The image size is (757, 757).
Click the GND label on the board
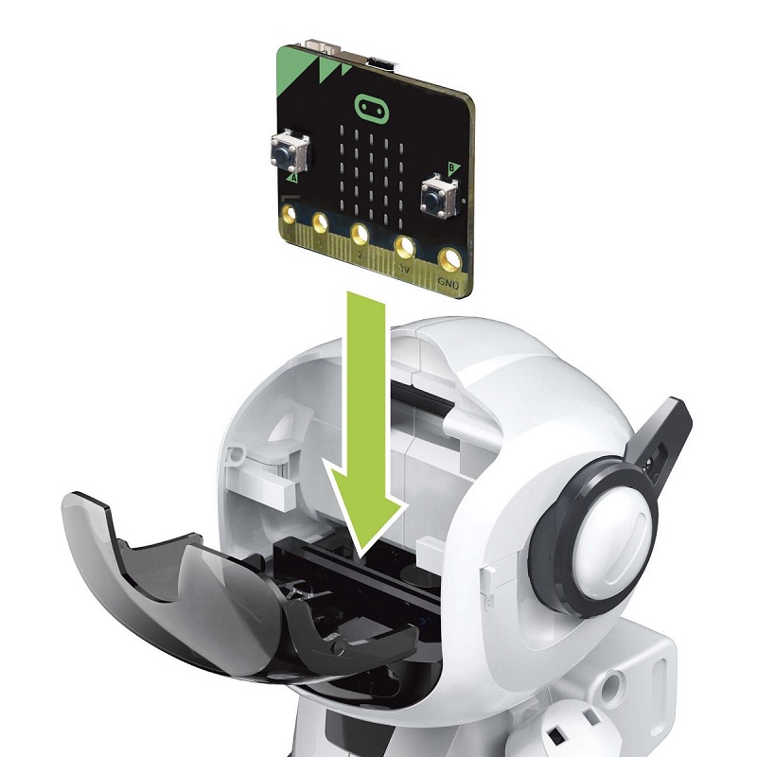(x=449, y=281)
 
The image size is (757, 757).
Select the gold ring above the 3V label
(x=406, y=247)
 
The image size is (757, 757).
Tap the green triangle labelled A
(x=291, y=177)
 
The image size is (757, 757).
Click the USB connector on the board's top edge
(x=380, y=62)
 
